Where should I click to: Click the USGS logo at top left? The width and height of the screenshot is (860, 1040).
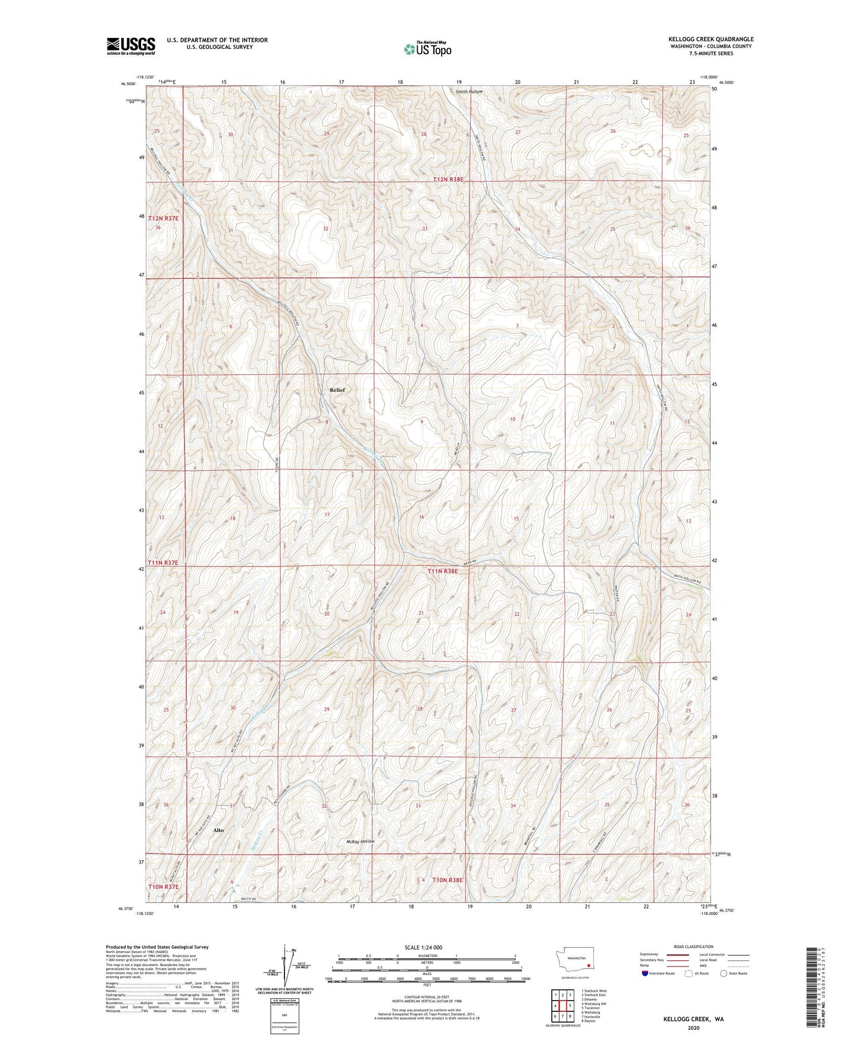tap(130, 46)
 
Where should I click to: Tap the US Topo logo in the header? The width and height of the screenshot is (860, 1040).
tap(427, 49)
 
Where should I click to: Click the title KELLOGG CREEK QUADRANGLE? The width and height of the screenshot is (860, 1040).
tap(710, 39)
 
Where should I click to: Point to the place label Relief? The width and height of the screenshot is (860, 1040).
tap(337, 390)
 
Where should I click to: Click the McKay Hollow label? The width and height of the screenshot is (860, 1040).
tap(361, 842)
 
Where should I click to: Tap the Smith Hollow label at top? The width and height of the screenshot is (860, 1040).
tap(470, 92)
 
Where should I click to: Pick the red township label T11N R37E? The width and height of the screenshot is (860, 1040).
tap(163, 562)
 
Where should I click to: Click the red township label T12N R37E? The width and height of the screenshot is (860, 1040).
tap(163, 219)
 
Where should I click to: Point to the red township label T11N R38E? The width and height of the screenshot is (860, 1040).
tap(443, 571)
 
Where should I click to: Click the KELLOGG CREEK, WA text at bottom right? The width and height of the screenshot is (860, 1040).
tap(693, 1019)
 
